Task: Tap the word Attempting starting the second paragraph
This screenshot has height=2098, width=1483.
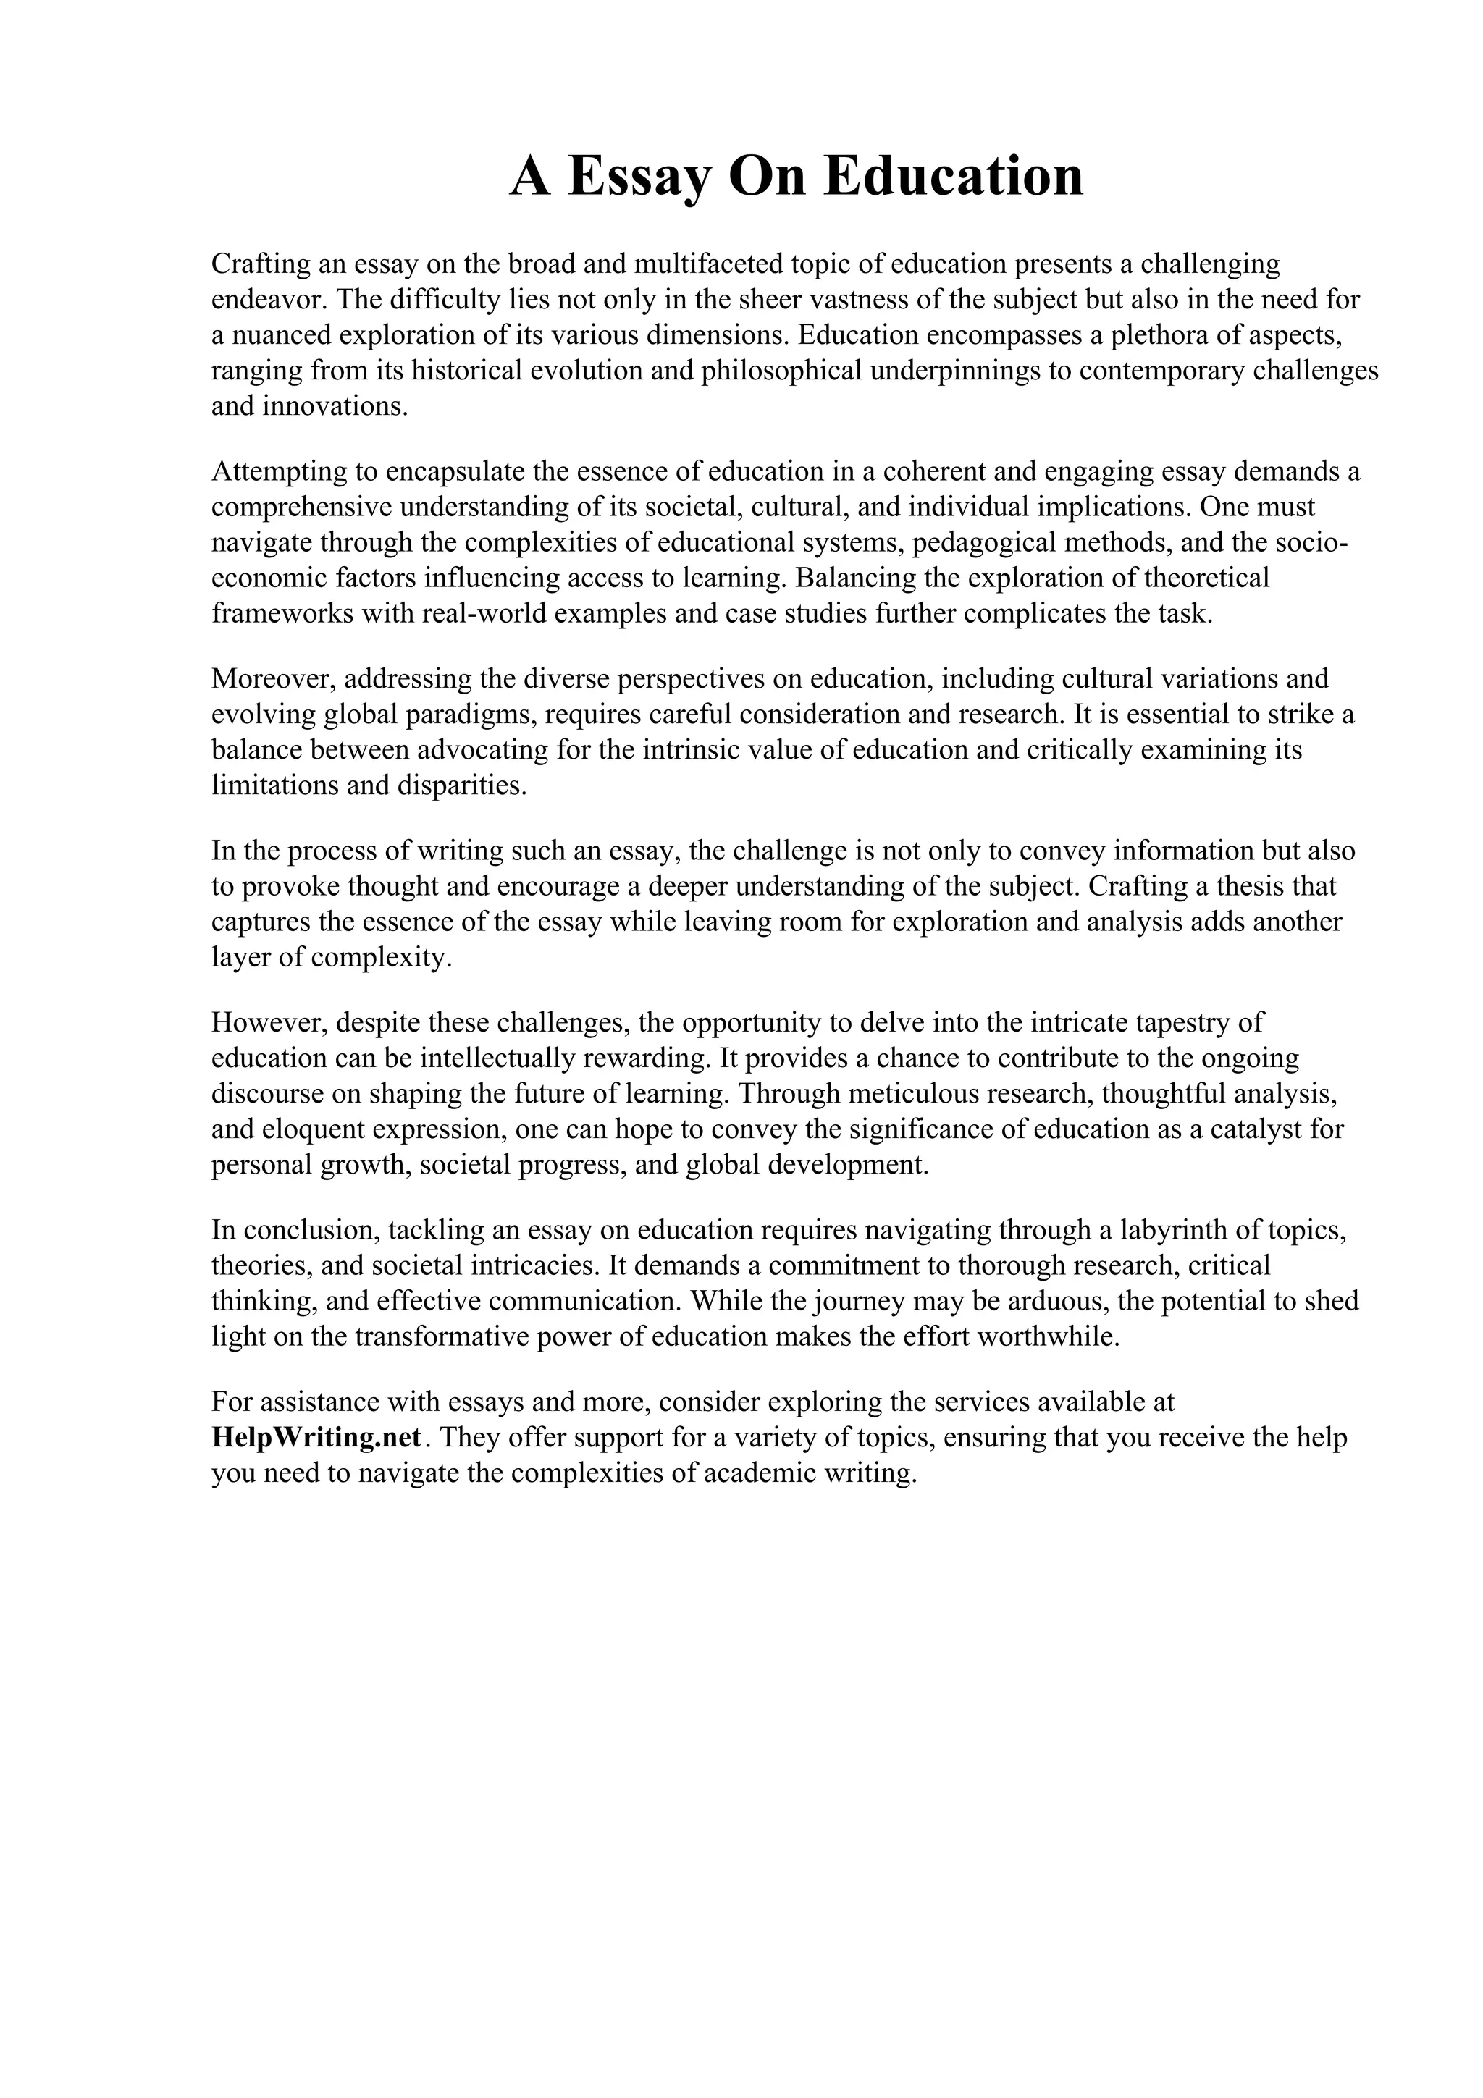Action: click(x=280, y=471)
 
